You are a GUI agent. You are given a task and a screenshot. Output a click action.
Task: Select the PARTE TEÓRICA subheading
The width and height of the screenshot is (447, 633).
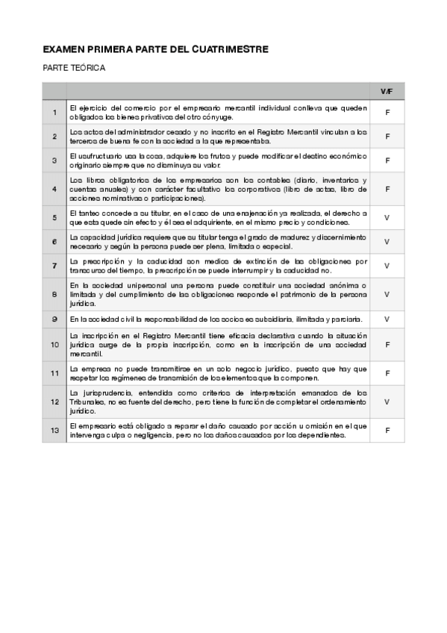(x=74, y=68)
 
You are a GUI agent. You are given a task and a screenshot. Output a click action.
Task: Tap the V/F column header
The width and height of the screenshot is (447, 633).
(x=387, y=91)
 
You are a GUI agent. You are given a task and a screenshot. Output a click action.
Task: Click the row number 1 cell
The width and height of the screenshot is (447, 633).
(x=54, y=113)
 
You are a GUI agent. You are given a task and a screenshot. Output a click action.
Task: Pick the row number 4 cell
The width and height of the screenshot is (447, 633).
(x=54, y=190)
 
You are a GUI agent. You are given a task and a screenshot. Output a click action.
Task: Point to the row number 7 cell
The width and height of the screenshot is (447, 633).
(x=54, y=266)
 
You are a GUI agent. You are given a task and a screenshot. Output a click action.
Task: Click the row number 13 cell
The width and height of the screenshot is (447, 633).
(x=54, y=430)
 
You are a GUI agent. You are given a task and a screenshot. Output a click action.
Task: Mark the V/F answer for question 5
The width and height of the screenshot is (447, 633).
(x=387, y=218)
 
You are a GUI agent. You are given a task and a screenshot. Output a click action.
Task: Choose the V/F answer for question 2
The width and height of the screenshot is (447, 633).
(x=387, y=137)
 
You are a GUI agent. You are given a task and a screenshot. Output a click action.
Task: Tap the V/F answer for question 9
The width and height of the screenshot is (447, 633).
(x=387, y=319)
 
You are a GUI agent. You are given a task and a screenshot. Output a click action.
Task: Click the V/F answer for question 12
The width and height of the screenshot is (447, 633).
(x=387, y=402)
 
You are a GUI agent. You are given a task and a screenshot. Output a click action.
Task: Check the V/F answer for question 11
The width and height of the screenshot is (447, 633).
(x=387, y=372)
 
